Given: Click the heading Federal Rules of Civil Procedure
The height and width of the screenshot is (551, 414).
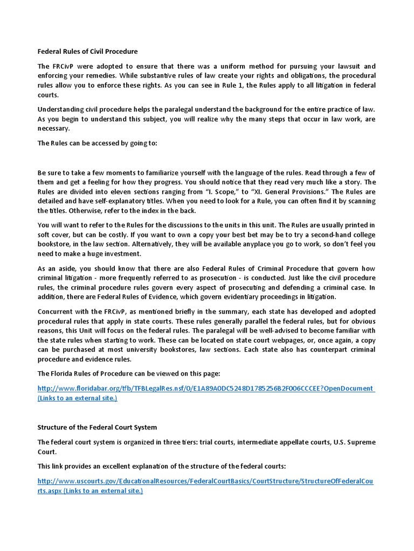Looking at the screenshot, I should click(x=87, y=52).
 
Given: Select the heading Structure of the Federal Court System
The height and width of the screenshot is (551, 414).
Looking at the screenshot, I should click(x=97, y=427).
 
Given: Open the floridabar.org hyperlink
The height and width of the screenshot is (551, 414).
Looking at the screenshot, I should click(x=205, y=388).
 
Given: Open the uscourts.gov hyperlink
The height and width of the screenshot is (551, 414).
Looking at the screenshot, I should click(x=205, y=482).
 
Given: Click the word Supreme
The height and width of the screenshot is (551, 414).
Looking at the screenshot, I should click(x=358, y=442).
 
